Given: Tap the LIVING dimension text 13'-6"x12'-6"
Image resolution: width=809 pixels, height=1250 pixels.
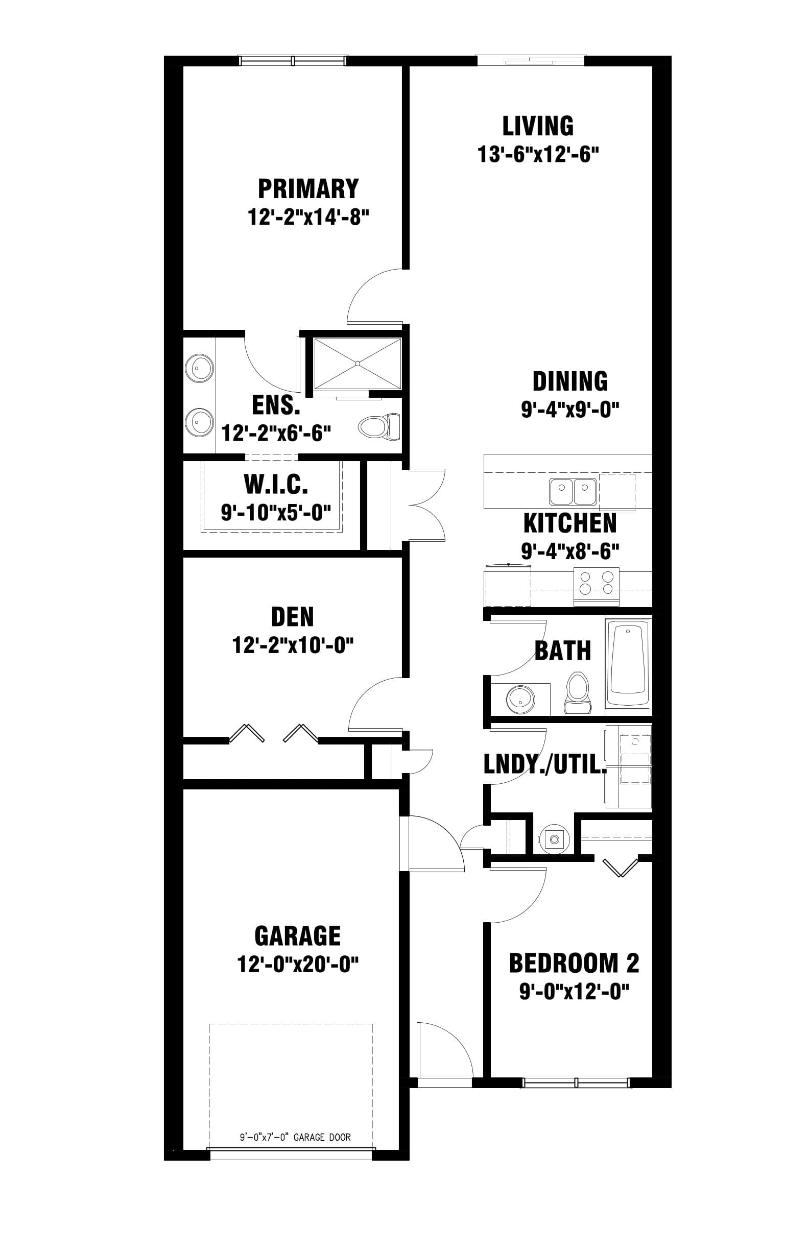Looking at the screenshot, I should pos(538,155).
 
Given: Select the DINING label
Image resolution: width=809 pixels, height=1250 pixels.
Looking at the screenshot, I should pos(570,382).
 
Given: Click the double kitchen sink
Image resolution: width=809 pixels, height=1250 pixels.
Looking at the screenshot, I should pos(573,491).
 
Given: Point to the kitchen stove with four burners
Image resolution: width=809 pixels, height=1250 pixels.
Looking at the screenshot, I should pos(596,583).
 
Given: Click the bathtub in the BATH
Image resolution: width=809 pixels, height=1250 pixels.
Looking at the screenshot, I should pos(628,663).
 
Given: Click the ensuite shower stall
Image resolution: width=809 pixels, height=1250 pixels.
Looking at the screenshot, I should pos(357,364).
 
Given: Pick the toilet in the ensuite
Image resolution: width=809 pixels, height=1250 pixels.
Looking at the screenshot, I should pos(379,426).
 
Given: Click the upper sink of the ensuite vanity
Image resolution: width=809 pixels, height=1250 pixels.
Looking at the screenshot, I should pos(199,368).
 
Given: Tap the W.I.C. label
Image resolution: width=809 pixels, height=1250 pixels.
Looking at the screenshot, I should pos(276,485).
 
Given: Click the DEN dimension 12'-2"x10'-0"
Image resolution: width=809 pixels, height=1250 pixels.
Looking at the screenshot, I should pos(293,645).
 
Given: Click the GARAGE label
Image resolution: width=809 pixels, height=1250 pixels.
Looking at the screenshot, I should pos(297,936).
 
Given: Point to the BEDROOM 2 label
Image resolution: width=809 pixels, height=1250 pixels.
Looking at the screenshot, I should pos(574,963).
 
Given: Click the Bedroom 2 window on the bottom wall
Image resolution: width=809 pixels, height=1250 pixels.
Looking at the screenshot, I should pos(576,1083).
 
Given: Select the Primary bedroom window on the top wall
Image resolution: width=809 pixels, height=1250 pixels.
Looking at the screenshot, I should pos(293,60).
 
